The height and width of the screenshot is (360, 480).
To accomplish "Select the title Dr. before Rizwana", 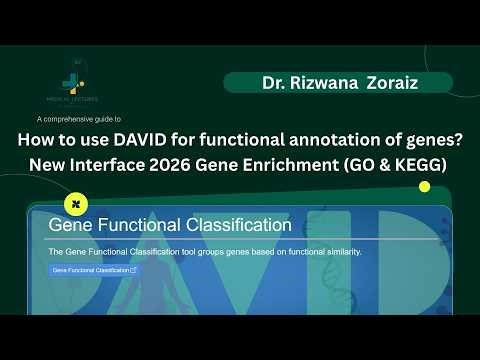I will tap(274, 82).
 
